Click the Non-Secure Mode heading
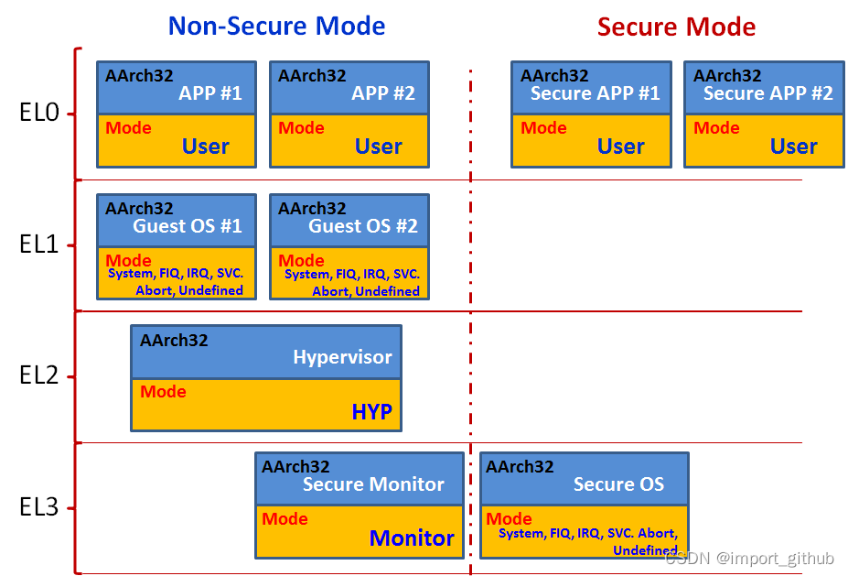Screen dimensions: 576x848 (x=276, y=26)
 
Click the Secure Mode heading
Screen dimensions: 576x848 (x=676, y=26)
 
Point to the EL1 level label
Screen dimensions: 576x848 (x=39, y=245)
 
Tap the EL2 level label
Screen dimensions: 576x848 (x=39, y=375)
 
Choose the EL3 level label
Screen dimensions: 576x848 (x=39, y=507)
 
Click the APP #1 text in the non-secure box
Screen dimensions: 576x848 (x=210, y=93)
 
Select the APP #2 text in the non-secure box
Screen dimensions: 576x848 (x=383, y=93)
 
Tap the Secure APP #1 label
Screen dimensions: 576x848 (x=595, y=93)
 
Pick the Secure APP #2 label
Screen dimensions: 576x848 (x=768, y=93)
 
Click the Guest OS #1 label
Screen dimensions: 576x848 (x=188, y=226)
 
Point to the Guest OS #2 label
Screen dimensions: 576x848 (x=362, y=226)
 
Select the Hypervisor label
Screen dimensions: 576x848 (x=342, y=357)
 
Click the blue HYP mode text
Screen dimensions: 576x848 (x=371, y=413)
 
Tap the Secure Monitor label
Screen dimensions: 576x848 (x=373, y=484)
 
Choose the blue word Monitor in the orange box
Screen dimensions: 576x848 (x=412, y=538)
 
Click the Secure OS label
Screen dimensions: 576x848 (x=618, y=484)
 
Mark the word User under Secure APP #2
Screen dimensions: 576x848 (x=793, y=147)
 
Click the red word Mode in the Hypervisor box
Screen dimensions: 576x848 (x=163, y=392)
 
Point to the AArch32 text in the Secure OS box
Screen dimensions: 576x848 (x=520, y=466)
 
